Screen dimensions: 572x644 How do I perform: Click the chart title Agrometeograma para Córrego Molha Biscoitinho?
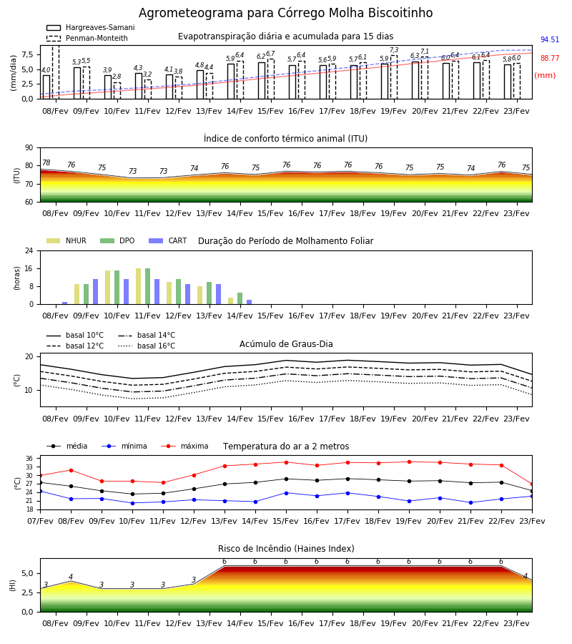pyautogui.click(x=285, y=13)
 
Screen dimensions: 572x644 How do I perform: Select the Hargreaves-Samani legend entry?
pyautogui.click(x=91, y=27)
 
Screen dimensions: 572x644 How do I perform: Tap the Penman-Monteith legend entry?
pyautogui.click(x=87, y=38)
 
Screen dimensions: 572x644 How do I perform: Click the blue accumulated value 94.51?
pyautogui.click(x=550, y=39)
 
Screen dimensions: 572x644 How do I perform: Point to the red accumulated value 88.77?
pyautogui.click(x=550, y=58)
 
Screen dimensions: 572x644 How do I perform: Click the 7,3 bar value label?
pyautogui.click(x=394, y=50)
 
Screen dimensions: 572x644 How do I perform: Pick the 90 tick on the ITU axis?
pyautogui.click(x=29, y=148)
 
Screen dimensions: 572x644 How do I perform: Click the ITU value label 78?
pyautogui.click(x=46, y=162)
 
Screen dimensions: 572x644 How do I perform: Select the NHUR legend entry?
pyautogui.click(x=66, y=240)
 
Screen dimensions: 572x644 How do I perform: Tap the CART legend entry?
pyautogui.click(x=168, y=240)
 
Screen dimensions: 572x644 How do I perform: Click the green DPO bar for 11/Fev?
pyautogui.click(x=148, y=286)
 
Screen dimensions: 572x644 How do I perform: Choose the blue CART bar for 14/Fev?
pyautogui.click(x=249, y=302)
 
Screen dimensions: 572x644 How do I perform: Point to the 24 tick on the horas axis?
pyautogui.click(x=29, y=250)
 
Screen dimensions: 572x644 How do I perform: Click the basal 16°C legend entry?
pyautogui.click(x=147, y=346)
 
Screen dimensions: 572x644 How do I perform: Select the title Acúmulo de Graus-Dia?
pyautogui.click(x=286, y=343)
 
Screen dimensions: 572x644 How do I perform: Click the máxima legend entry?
pyautogui.click(x=184, y=446)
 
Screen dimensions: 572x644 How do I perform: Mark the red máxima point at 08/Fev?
pyautogui.click(x=71, y=470)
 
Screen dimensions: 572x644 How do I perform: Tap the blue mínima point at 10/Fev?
pyautogui.click(x=132, y=503)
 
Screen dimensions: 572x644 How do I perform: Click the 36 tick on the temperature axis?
pyautogui.click(x=29, y=459)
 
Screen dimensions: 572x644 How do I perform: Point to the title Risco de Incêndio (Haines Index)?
pyautogui.click(x=286, y=548)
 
